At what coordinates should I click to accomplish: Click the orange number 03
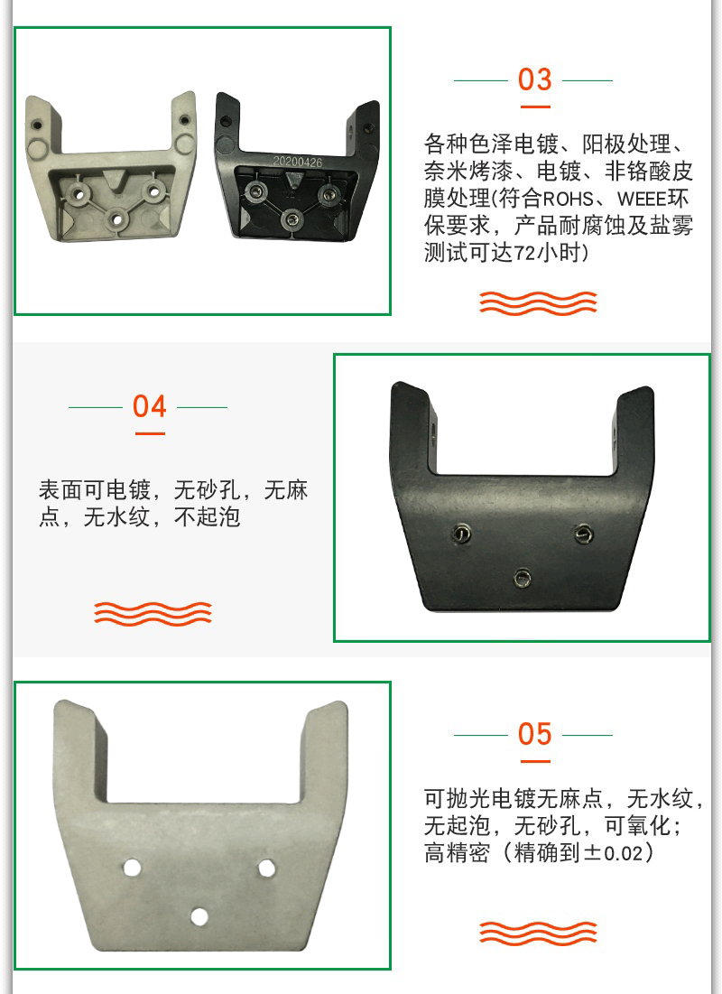tap(534, 79)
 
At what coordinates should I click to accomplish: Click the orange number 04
tap(150, 406)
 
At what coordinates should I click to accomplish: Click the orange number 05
tap(534, 734)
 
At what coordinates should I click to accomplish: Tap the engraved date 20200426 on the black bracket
tap(297, 162)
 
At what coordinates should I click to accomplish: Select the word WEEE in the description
tap(642, 199)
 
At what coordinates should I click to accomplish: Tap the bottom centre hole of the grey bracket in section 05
tap(199, 916)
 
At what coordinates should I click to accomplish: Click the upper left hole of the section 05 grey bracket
tap(132, 868)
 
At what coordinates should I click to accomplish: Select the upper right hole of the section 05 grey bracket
tap(267, 868)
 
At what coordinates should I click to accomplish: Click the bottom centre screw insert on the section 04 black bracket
tap(523, 578)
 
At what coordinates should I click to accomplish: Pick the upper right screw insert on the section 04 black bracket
tap(584, 534)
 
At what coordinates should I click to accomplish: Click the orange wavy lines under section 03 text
tap(538, 303)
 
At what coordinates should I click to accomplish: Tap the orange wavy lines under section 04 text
tap(153, 613)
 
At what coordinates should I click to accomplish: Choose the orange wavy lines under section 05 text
tap(538, 934)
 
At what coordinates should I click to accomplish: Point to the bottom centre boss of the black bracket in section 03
tap(292, 219)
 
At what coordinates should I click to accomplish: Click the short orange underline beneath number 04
tap(150, 433)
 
